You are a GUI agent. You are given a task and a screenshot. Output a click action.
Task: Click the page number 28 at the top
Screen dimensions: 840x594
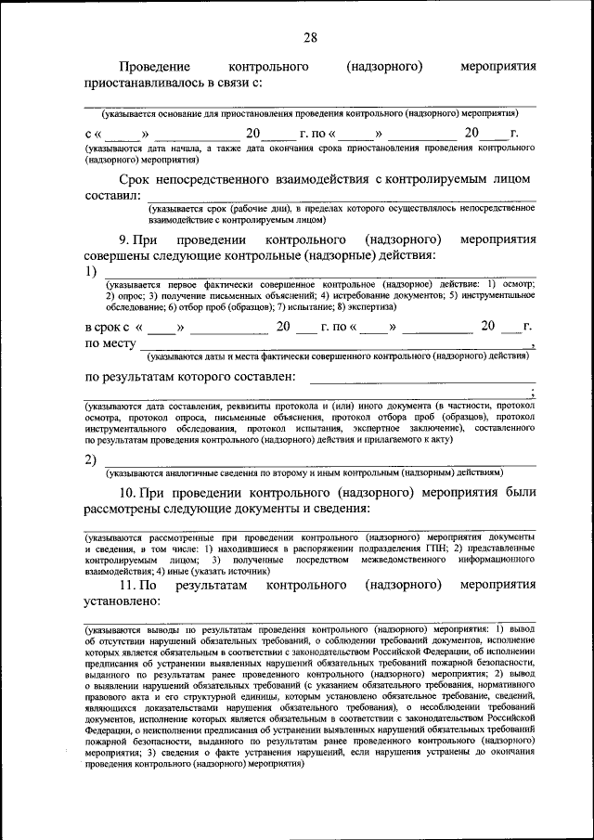click(x=310, y=37)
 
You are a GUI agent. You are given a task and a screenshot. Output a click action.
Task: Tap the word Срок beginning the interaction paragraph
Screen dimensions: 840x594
click(x=136, y=178)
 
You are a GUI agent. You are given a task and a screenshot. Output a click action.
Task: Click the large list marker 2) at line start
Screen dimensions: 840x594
click(x=91, y=460)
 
